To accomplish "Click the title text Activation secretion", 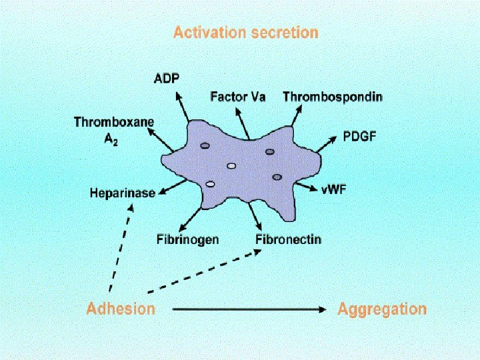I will pyautogui.click(x=245, y=32).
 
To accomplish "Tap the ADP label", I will pyautogui.click(x=166, y=79).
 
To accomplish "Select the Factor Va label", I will pyautogui.click(x=238, y=97).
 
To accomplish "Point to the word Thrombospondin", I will pyautogui.click(x=333, y=97).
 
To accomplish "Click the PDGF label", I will pyautogui.click(x=359, y=137).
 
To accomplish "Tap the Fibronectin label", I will pyautogui.click(x=287, y=239).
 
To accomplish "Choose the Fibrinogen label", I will pyautogui.click(x=187, y=239).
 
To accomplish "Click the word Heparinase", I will pyautogui.click(x=123, y=193).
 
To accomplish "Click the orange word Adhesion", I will pyautogui.click(x=121, y=309).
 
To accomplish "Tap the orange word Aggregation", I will pyautogui.click(x=382, y=309).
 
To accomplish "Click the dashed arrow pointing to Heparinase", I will pyautogui.click(x=121, y=247).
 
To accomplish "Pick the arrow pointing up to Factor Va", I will pyautogui.click(x=241, y=121).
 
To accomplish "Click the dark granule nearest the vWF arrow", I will pyautogui.click(x=277, y=177).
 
